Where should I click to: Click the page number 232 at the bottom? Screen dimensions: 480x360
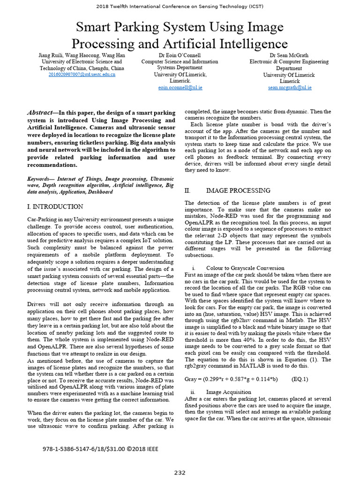pyautogui.click(x=180, y=472)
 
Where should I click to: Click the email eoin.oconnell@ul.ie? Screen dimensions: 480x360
pyautogui.click(x=180, y=88)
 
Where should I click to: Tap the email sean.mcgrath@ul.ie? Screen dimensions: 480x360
pyautogui.click(x=289, y=88)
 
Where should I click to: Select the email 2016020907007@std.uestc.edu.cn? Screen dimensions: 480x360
pyautogui.click(x=82, y=75)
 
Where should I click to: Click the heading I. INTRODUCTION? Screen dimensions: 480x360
pyautogui.click(x=55, y=206)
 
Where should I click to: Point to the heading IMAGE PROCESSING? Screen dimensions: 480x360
pyautogui.click(x=238, y=191)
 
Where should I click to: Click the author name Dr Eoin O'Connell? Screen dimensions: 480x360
pyautogui.click(x=180, y=55)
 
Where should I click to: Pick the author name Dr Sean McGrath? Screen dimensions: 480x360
pyautogui.click(x=289, y=55)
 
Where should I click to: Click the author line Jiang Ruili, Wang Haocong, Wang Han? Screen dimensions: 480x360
pyautogui.click(x=82, y=55)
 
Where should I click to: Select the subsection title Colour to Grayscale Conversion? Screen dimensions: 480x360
pyautogui.click(x=245, y=268)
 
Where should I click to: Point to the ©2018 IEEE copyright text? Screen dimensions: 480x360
pyautogui.click(x=140, y=449)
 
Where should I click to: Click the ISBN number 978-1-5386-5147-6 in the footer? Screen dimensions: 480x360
pyautogui.click(x=74, y=449)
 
